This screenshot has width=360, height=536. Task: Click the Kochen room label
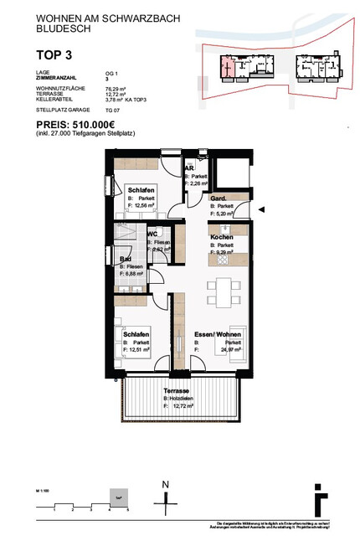(x=221, y=238)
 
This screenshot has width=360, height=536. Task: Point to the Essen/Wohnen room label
(x=216, y=333)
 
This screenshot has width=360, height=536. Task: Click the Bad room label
(x=127, y=260)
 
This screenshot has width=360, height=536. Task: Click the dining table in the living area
(x=226, y=286)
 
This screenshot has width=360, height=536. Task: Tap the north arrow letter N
(x=166, y=485)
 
